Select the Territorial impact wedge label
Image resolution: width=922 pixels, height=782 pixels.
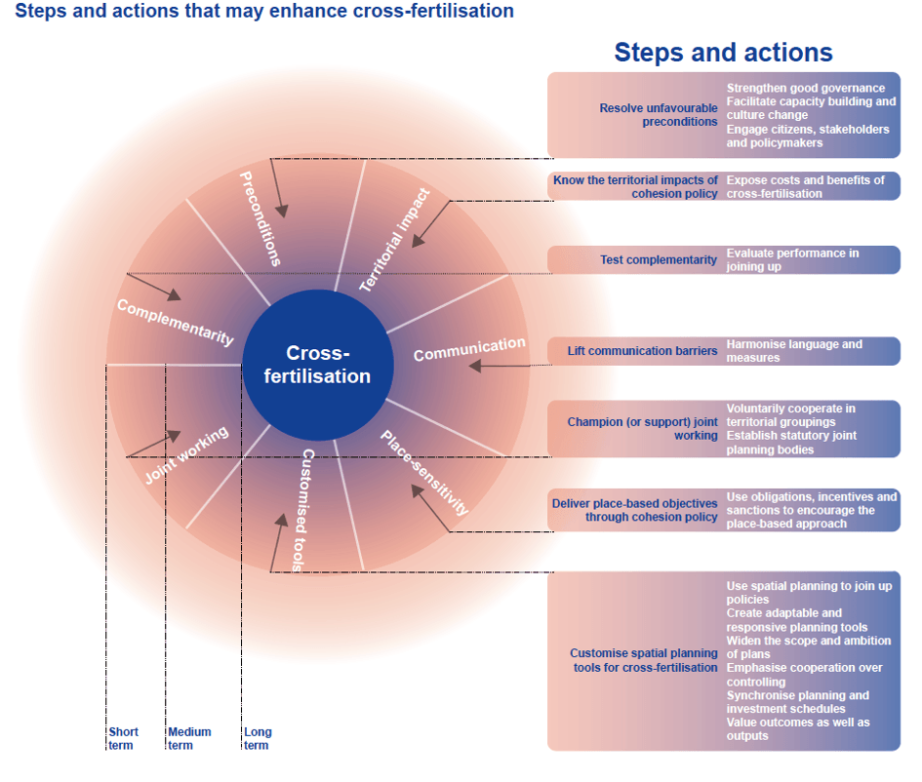click(x=394, y=241)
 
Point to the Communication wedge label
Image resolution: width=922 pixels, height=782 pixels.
click(x=469, y=348)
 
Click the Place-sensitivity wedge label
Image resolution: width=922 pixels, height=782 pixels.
click(x=424, y=472)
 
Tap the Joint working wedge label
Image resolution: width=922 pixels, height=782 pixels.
click(x=186, y=454)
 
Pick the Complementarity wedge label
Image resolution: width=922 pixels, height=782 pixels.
click(x=176, y=322)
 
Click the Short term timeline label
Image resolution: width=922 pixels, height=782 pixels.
click(x=123, y=738)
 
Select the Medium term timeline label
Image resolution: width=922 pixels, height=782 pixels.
click(x=189, y=738)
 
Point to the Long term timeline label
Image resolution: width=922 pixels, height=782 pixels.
click(x=258, y=738)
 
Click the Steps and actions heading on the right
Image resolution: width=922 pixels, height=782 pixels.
click(x=723, y=53)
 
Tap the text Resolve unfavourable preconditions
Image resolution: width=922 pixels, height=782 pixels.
click(x=659, y=115)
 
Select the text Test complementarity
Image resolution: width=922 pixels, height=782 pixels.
click(x=659, y=260)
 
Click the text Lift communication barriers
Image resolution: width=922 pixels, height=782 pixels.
click(x=643, y=351)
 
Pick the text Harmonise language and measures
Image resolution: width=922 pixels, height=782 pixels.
click(x=794, y=351)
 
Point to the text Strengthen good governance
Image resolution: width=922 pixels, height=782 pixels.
click(x=806, y=89)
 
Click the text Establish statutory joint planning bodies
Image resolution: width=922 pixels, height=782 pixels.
click(x=791, y=443)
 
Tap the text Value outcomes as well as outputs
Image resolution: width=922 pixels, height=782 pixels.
click(x=798, y=728)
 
